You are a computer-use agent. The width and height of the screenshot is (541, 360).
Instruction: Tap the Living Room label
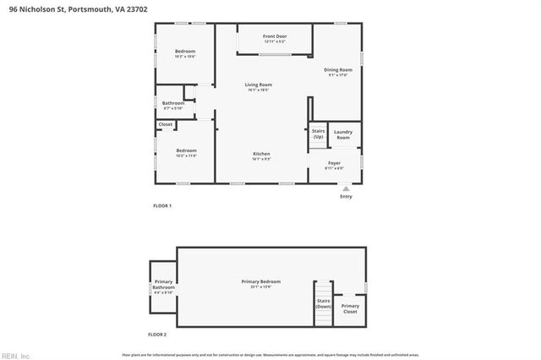[x=258, y=85]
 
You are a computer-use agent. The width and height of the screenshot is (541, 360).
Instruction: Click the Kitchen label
[x=261, y=154]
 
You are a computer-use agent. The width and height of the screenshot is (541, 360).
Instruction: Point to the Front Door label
[x=275, y=36]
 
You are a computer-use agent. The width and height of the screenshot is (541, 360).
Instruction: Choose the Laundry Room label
[x=342, y=134]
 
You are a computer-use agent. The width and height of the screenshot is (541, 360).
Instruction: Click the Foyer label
[x=334, y=164]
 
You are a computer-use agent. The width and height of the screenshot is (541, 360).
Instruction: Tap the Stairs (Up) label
[x=318, y=134]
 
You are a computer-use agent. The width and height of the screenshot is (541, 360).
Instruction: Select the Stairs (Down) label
[x=323, y=303]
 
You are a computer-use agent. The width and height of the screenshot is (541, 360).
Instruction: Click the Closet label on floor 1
[x=165, y=124]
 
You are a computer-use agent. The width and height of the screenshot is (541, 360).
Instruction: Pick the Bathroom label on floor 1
[x=172, y=104]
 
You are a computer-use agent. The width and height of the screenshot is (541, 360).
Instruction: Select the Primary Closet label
[x=350, y=308]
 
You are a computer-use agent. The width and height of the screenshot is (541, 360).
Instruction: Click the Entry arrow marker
[x=346, y=189]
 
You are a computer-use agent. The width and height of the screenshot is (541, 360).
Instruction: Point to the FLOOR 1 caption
[x=161, y=205]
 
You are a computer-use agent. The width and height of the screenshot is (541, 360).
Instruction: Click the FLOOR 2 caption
[x=158, y=335]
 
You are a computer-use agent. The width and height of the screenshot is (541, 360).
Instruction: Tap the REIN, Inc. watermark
[x=15, y=354]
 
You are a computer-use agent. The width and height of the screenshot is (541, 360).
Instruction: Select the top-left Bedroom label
[x=185, y=52]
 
